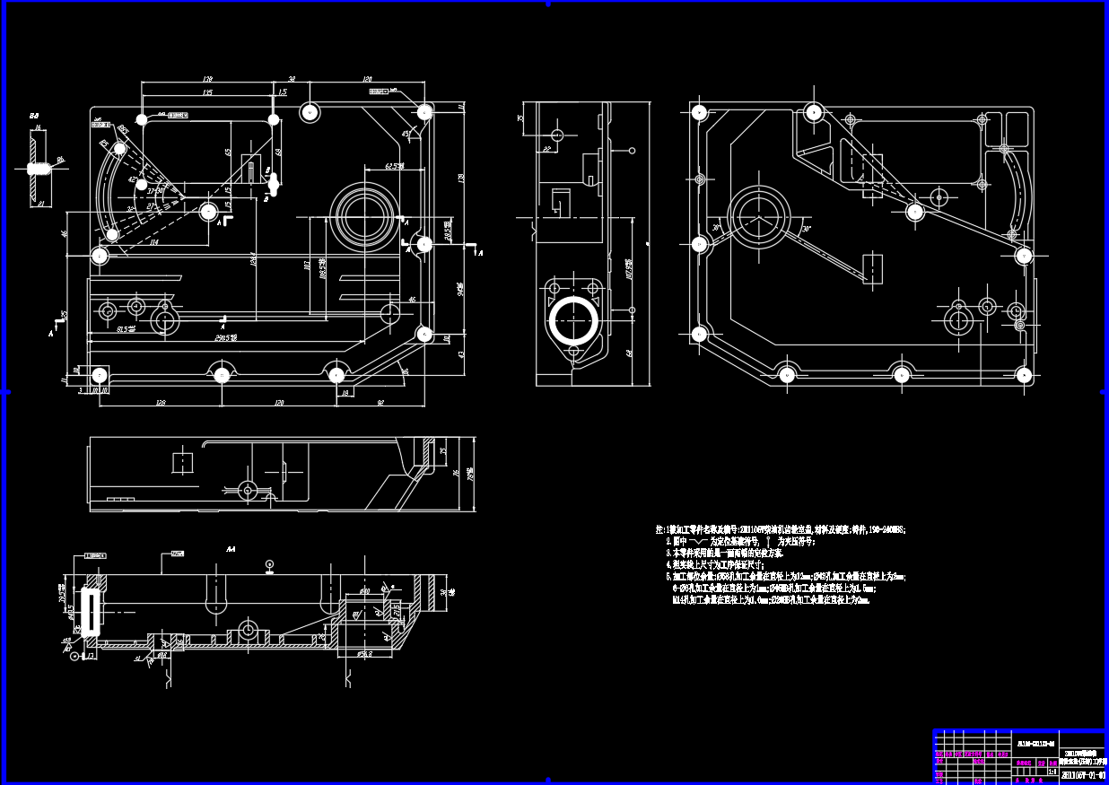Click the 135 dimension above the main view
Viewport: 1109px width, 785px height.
click(x=207, y=92)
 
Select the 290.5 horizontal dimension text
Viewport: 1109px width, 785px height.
click(x=226, y=337)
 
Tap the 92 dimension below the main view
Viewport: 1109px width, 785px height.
click(x=380, y=403)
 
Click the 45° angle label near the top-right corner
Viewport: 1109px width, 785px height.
click(x=406, y=134)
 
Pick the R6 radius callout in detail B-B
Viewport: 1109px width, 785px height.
click(x=61, y=160)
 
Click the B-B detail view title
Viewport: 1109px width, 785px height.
click(x=34, y=117)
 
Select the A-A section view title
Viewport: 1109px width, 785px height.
click(x=231, y=548)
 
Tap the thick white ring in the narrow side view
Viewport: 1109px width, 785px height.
click(x=572, y=318)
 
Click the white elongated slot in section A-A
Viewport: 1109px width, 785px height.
click(x=90, y=611)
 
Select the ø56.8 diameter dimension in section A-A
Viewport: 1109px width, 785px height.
click(x=363, y=654)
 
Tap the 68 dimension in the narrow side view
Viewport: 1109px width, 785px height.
click(x=630, y=353)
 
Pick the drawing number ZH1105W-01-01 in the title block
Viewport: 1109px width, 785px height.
click(x=1082, y=773)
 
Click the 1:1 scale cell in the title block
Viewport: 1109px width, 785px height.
click(x=1052, y=771)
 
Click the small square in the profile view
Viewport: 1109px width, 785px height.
click(x=182, y=463)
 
